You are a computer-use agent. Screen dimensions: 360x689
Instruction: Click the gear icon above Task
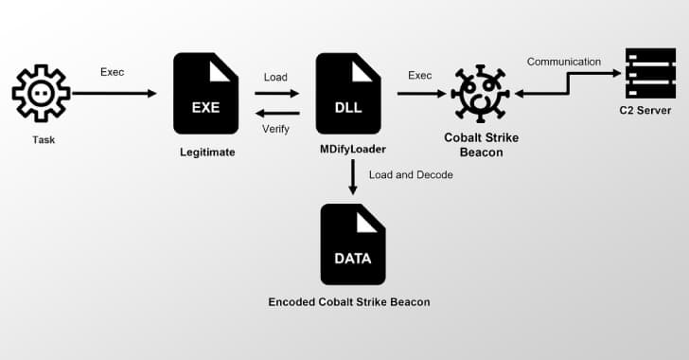tap(40, 95)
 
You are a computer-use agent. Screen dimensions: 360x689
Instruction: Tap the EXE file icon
tap(205, 93)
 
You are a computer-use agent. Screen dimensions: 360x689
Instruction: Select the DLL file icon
tap(347, 93)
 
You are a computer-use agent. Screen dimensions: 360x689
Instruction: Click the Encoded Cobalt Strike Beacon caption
tap(350, 302)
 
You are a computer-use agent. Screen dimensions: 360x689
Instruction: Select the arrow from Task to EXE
tap(114, 93)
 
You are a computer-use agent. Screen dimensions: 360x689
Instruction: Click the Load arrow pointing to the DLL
tap(276, 93)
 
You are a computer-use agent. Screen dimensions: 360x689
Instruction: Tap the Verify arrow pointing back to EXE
tap(276, 111)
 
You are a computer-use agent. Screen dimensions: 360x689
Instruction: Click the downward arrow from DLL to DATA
tap(352, 178)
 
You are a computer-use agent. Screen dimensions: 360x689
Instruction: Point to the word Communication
tap(564, 63)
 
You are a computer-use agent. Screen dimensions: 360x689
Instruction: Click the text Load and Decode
tap(411, 175)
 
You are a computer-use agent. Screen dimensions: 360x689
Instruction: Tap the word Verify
tap(275, 128)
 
